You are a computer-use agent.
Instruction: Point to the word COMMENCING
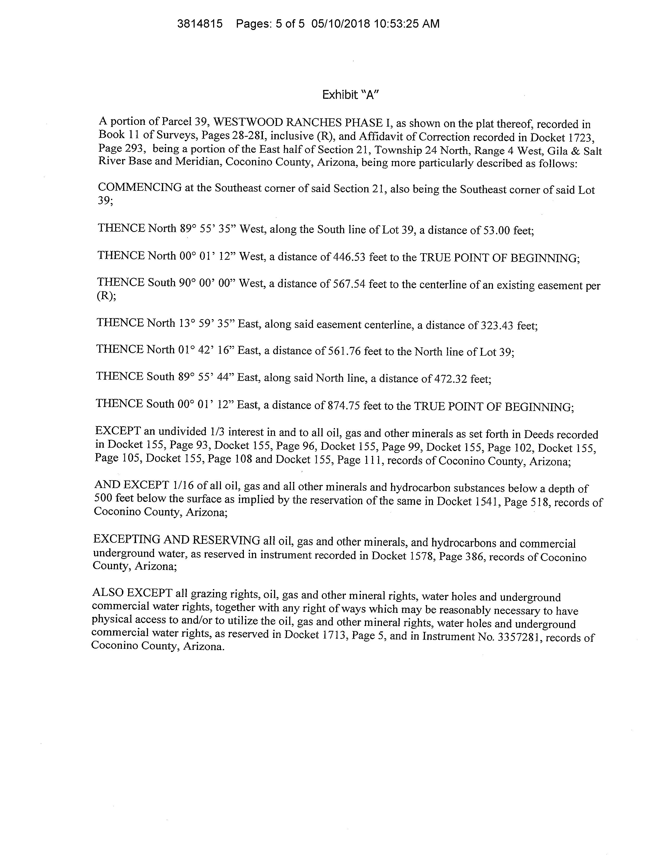coord(140,187)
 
